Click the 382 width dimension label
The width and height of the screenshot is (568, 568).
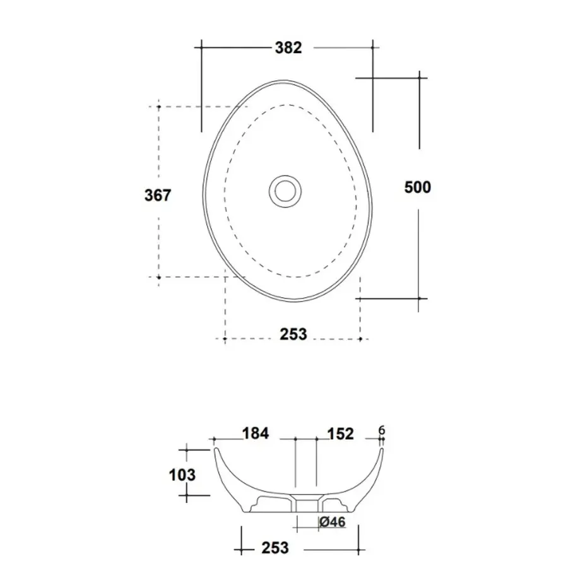(x=288, y=47)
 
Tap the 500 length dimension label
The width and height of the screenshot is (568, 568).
(x=418, y=187)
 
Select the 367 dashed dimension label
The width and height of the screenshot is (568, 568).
(x=158, y=195)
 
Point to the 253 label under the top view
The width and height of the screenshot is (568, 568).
(x=293, y=334)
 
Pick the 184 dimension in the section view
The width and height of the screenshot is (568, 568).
(x=256, y=433)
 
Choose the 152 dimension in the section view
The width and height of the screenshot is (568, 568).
(x=340, y=434)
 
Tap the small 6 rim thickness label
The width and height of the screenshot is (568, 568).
(x=381, y=430)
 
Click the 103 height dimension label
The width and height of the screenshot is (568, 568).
(x=182, y=475)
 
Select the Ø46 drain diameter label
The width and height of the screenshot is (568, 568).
(x=333, y=522)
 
